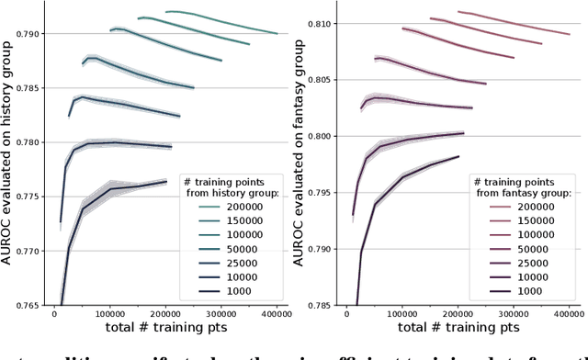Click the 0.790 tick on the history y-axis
[28, 34]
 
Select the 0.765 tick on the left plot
[28, 304]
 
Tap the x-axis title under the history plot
[165, 327]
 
